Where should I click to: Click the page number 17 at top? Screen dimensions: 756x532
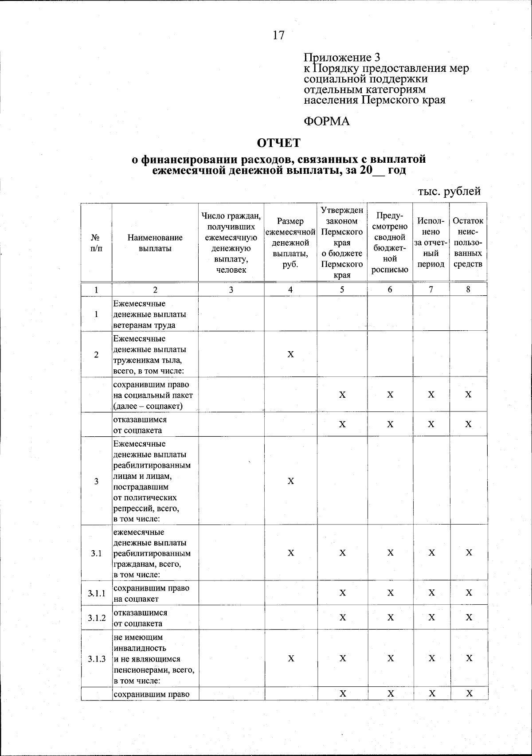278,35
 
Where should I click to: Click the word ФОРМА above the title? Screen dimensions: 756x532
327,121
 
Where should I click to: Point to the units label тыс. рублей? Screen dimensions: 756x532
449,191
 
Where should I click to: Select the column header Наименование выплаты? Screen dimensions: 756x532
155,243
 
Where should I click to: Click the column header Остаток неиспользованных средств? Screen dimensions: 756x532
468,243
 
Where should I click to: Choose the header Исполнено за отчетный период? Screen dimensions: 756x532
430,243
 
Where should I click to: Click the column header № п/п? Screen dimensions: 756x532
96,243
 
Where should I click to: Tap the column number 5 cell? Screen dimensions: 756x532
342,290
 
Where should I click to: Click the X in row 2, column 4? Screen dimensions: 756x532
290,354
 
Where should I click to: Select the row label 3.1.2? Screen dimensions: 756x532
96,618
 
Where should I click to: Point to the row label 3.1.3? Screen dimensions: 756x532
96,658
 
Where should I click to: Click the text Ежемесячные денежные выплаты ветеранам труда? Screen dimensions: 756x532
149,314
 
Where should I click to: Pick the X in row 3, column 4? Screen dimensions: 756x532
290,482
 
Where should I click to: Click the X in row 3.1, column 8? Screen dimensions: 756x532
469,553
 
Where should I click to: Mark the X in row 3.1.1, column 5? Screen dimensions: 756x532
342,593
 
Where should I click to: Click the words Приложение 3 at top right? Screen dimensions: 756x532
342,57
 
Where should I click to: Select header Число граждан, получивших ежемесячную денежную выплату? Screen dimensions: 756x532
231,243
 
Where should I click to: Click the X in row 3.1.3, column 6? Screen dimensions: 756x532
390,658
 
